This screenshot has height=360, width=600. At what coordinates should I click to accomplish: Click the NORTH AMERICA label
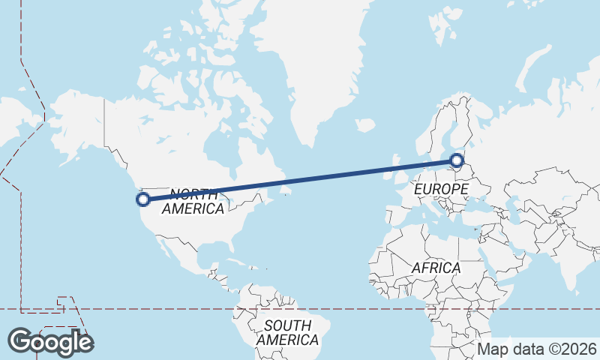193,201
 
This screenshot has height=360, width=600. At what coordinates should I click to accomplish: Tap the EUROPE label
441,190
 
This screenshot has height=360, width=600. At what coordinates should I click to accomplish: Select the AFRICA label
436,268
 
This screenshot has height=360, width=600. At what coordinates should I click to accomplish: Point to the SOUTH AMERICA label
287,332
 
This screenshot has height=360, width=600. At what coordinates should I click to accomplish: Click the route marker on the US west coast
142,199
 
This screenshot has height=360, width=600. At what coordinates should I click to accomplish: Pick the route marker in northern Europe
457,159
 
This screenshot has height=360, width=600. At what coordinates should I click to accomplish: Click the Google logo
50,342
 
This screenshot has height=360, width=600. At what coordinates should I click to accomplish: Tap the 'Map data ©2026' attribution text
537,349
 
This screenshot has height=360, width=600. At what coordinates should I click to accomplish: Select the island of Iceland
365,125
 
